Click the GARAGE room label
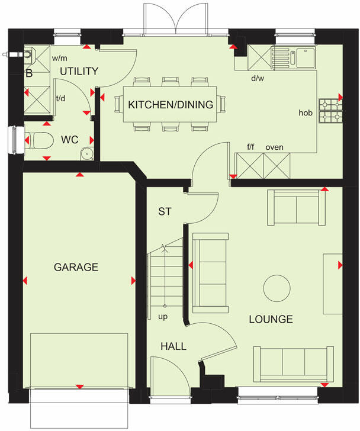click(76, 267)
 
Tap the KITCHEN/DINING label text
click(171, 105)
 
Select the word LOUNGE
click(271, 319)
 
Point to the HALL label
click(173, 346)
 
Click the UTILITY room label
click(79, 72)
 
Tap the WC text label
click(69, 140)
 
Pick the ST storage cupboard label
click(164, 211)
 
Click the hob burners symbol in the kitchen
click(329, 111)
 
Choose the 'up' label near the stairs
click(163, 317)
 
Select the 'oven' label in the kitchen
click(274, 147)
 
